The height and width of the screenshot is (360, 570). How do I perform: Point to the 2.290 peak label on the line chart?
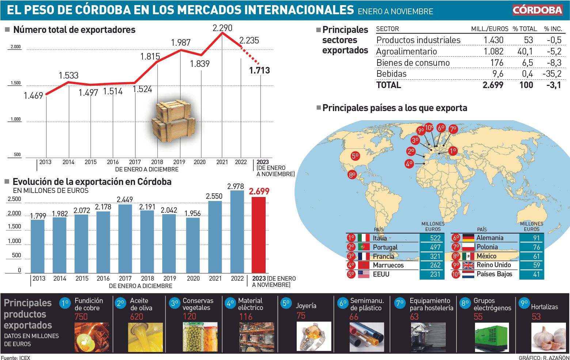pyautogui.click(x=222, y=28)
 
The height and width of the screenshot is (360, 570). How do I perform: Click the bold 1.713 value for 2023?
pyautogui.click(x=259, y=70)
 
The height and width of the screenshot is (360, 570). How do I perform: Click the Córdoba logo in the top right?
pyautogui.click(x=537, y=10)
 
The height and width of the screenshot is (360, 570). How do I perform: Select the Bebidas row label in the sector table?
pyautogui.click(x=391, y=74)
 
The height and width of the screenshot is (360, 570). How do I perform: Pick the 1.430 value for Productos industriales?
pyautogui.click(x=493, y=40)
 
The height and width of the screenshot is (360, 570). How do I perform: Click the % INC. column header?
pyautogui.click(x=553, y=29)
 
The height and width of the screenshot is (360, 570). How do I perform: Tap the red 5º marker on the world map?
pyautogui.click(x=355, y=156)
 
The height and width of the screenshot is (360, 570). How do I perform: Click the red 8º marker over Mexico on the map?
pyautogui.click(x=352, y=175)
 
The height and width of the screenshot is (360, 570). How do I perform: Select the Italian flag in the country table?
pyautogui.click(x=364, y=238)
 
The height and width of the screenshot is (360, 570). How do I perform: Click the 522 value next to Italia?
pyautogui.click(x=435, y=238)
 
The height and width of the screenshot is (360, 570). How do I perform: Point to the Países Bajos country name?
pyautogui.click(x=494, y=274)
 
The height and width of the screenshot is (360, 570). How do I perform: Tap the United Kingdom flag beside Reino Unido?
pyautogui.click(x=468, y=265)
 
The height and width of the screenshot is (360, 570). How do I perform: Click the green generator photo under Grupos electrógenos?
pyautogui.click(x=491, y=337)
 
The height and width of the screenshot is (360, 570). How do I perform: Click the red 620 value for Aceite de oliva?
pyautogui.click(x=137, y=317)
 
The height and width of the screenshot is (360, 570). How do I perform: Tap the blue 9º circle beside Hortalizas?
pyautogui.click(x=524, y=303)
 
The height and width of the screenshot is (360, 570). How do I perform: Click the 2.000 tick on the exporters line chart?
pyautogui.click(x=16, y=47)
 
